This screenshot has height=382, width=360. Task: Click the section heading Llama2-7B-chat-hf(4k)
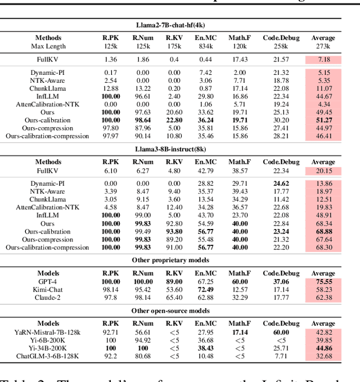pyautogui.click(x=179, y=25)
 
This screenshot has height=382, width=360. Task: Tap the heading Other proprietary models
pyautogui.click(x=179, y=260)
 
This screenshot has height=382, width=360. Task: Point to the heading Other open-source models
pyautogui.click(x=179, y=311)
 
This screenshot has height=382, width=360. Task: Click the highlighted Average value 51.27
pyautogui.click(x=323, y=120)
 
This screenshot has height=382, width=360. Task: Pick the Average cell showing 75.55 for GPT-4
pyautogui.click(x=323, y=281)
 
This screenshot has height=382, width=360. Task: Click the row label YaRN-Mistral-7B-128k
pyautogui.click(x=48, y=332)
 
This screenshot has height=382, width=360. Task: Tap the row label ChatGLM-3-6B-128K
pyautogui.click(x=48, y=356)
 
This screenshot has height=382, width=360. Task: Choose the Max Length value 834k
pyautogui.click(x=205, y=46)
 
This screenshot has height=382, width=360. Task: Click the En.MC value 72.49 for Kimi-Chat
pyautogui.click(x=205, y=289)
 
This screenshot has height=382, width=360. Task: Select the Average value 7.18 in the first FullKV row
pyautogui.click(x=323, y=59)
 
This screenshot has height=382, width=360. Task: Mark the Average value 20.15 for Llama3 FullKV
pyautogui.click(x=323, y=171)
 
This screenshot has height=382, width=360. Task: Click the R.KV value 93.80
pyautogui.click(x=174, y=231)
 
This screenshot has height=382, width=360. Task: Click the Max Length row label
pyautogui.click(x=48, y=46)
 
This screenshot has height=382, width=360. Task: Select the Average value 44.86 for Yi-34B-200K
pyautogui.click(x=323, y=348)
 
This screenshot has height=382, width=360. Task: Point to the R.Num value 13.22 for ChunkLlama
pyautogui.click(x=142, y=88)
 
